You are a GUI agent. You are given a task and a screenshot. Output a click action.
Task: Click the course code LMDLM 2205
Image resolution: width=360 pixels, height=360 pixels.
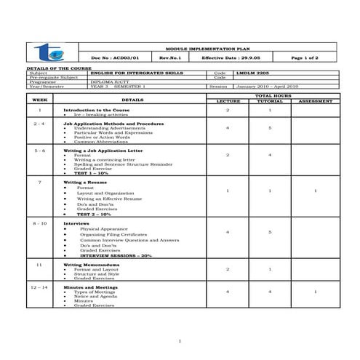pyautogui.click(x=252, y=73)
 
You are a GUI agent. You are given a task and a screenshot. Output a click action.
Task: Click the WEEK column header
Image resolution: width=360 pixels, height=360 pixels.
pyautogui.click(x=41, y=99)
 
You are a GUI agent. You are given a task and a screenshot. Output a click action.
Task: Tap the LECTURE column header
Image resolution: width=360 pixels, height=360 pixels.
pyautogui.click(x=228, y=102)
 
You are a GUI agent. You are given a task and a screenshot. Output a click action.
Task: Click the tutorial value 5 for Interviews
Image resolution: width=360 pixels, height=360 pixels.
pyautogui.click(x=270, y=232)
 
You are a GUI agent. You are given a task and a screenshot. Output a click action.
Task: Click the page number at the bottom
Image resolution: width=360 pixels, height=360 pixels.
pyautogui.click(x=180, y=341)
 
